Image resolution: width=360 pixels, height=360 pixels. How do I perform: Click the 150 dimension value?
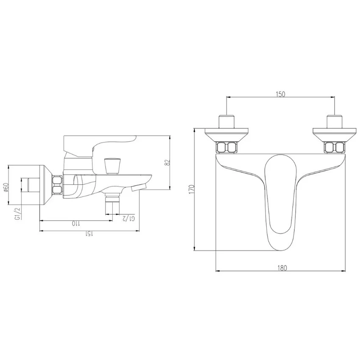280,94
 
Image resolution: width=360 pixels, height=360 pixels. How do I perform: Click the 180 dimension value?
282,268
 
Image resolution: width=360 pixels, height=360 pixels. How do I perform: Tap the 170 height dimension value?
191,189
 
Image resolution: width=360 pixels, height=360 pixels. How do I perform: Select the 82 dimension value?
167,163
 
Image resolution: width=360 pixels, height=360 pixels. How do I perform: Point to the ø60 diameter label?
6,188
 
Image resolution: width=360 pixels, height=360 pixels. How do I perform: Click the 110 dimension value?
76,223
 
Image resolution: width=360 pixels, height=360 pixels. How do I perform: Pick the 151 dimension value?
89,234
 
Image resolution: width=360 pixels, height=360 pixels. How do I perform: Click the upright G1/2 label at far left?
18,214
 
